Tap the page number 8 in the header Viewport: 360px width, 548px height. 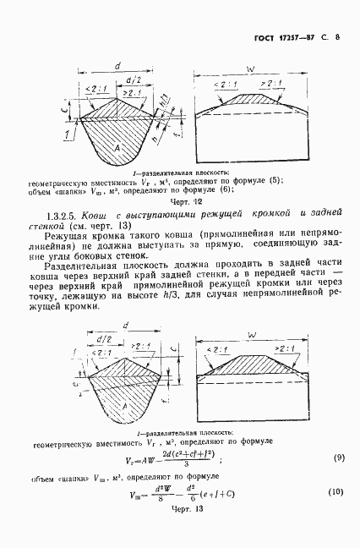tap(336, 37)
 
